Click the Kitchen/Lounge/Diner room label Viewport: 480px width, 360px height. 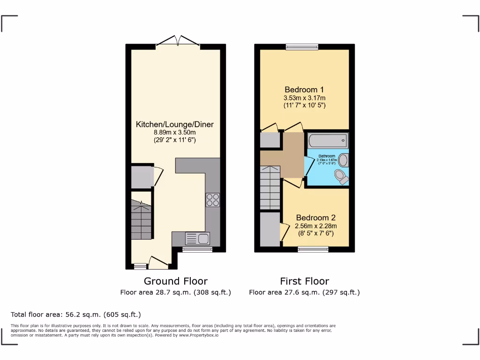(x=174, y=124)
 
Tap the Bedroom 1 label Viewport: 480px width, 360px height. (x=304, y=90)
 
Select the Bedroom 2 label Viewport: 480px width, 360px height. (x=315, y=217)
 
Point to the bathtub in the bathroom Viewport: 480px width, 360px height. (x=328, y=140)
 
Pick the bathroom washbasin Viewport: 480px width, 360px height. (x=343, y=160)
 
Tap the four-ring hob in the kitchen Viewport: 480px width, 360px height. (x=213, y=200)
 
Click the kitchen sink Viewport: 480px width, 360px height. (x=197, y=239)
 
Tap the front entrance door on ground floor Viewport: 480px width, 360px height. (x=158, y=263)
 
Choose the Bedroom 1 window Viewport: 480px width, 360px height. (x=302, y=46)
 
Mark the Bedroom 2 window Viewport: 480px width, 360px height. (x=313, y=249)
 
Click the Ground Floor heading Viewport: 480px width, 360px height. (x=175, y=281)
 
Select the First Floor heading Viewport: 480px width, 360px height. (x=304, y=281)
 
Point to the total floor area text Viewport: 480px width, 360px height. (x=75, y=315)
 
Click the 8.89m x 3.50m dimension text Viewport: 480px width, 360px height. (x=174, y=132)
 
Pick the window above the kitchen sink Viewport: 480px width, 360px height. (x=191, y=249)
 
